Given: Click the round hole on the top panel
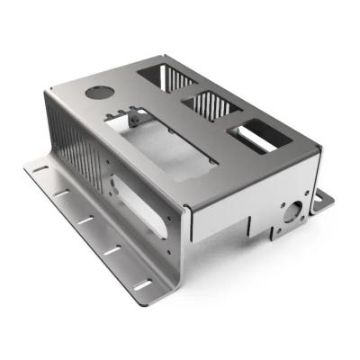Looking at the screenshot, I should pos(96,92).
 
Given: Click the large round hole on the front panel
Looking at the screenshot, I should pos(291,212).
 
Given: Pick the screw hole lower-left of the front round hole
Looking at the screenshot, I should pos(281,229).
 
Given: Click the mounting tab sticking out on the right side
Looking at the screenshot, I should pos(322,200).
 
